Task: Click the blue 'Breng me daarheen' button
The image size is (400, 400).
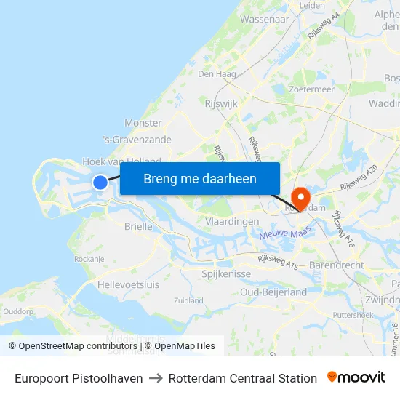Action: (x=199, y=178)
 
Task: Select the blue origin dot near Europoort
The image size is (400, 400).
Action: (x=100, y=183)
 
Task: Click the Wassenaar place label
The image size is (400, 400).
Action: (x=264, y=20)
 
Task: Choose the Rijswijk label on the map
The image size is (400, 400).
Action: (x=222, y=104)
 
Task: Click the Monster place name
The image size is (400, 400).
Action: (x=143, y=123)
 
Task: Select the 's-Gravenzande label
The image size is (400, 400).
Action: (x=137, y=140)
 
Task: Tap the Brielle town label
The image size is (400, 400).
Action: (x=138, y=226)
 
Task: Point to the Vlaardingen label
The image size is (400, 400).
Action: (x=233, y=221)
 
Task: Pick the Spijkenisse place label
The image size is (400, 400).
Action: (x=226, y=274)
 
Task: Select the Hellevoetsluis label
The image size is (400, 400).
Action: (x=128, y=284)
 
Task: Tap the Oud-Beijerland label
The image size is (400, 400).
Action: (x=273, y=292)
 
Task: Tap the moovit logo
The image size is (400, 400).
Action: (x=356, y=377)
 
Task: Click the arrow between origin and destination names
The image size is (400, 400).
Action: (x=156, y=378)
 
